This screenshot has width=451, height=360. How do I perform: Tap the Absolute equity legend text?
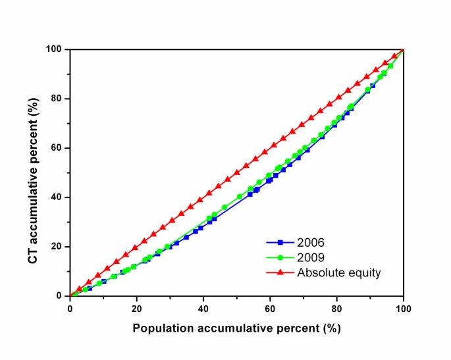349,272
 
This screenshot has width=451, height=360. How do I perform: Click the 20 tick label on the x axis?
136,307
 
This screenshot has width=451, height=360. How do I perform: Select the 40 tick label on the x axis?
203,307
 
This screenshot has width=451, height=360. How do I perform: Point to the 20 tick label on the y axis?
57,247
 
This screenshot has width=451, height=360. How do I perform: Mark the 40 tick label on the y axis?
57,197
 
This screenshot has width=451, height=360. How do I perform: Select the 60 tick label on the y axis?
57,148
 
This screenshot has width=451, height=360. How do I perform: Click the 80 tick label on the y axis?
57,99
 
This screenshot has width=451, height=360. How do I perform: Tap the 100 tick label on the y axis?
55,49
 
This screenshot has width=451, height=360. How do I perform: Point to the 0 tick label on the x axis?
70,307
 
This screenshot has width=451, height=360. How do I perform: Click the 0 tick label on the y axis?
60,296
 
